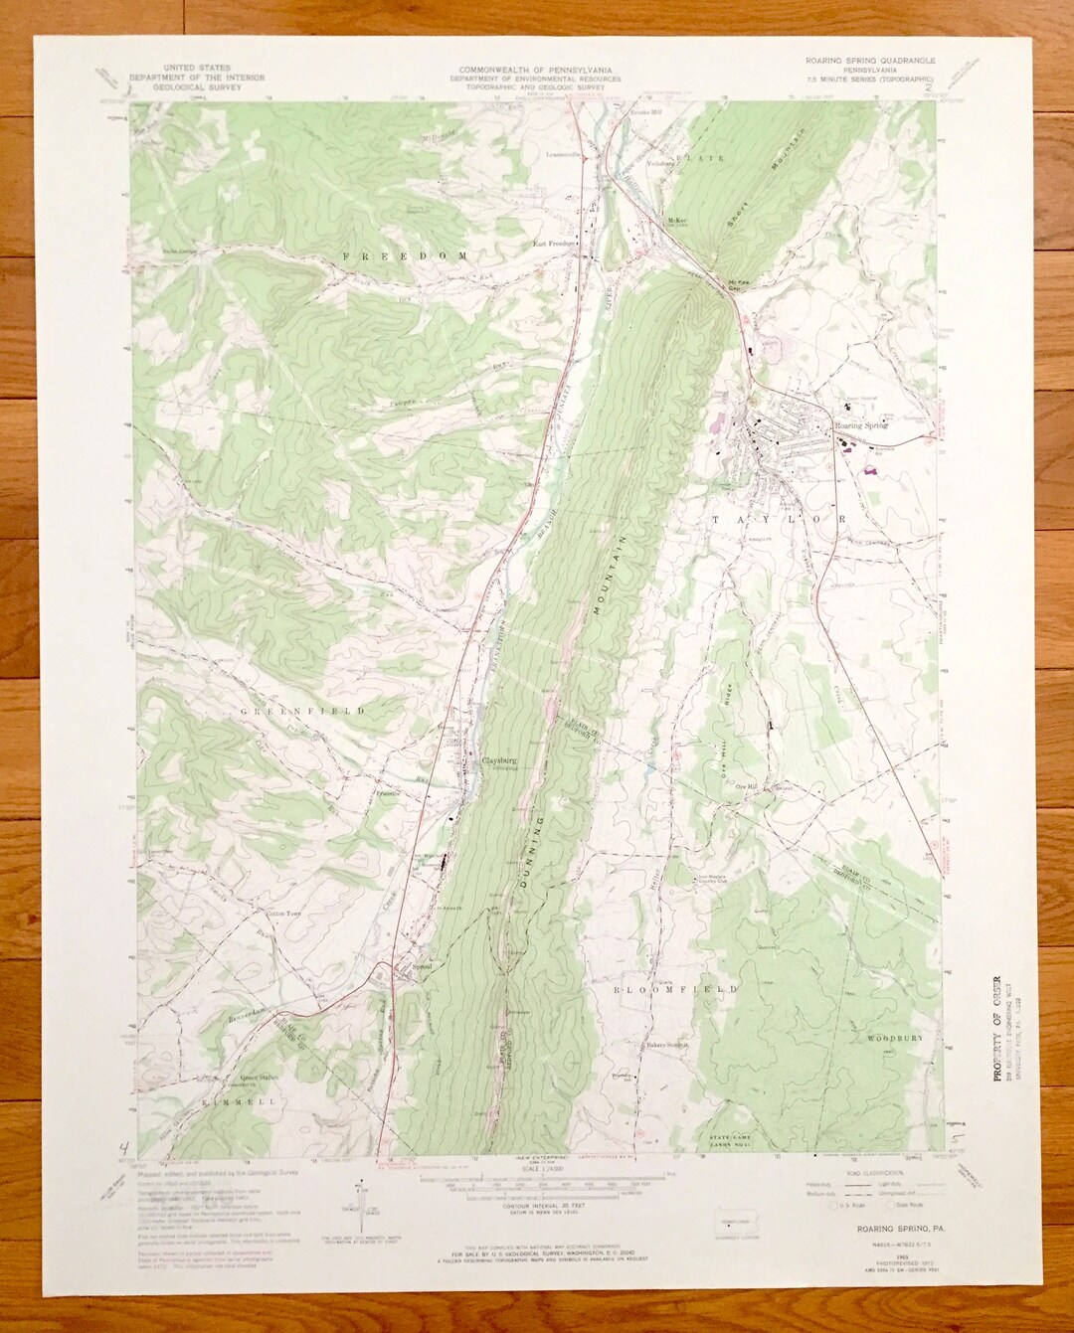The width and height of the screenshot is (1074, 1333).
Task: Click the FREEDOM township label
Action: [x=405, y=256]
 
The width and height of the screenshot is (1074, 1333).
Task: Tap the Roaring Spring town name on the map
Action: [x=860, y=425]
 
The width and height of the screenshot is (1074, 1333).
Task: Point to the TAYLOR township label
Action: [x=778, y=519]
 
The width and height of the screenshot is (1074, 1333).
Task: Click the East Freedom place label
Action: [x=555, y=243]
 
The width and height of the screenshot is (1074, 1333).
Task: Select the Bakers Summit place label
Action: [x=664, y=1045]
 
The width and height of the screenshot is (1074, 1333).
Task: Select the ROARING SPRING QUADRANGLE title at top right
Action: [x=869, y=60]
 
